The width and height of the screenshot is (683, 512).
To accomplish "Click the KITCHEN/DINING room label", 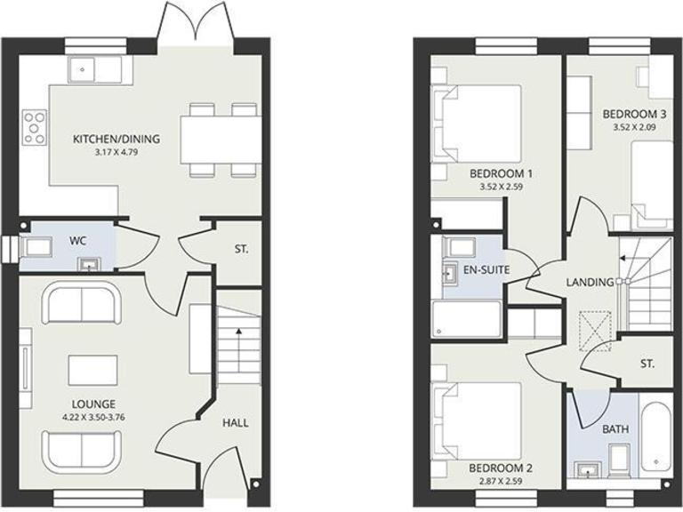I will pos(117,139).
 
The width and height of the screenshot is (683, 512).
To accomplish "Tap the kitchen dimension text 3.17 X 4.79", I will pos(117,152).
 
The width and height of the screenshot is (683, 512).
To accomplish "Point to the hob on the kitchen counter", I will pos(36,126).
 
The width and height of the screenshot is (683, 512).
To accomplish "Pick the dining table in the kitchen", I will pos(221,139).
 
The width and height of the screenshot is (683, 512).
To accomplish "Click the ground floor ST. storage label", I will pos(241,250).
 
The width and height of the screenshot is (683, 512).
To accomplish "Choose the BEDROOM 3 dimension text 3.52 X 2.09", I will pos(634,127).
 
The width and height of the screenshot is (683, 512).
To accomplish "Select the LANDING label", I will pos(590,283).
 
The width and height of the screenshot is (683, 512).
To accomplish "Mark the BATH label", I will pos(615,429).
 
